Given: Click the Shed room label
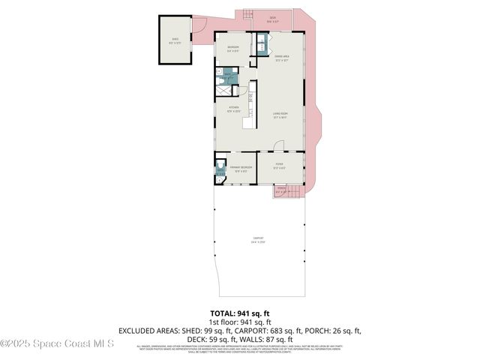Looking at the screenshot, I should tap(175, 40).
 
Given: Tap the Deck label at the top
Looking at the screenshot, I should tap(272, 20).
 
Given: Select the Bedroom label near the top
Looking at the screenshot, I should tap(233, 49).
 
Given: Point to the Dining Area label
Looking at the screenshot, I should tap(281, 58).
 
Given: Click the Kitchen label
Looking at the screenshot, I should tap(234, 110).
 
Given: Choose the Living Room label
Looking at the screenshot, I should tap(281, 115).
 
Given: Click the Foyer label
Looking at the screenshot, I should tap(278, 169).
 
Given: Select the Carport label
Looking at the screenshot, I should tap(259, 241).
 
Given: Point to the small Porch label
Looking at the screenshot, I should tap(281, 190).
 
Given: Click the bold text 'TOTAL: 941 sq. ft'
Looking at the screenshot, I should tap(239, 313).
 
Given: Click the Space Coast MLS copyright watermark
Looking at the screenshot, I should tap(57, 343).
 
